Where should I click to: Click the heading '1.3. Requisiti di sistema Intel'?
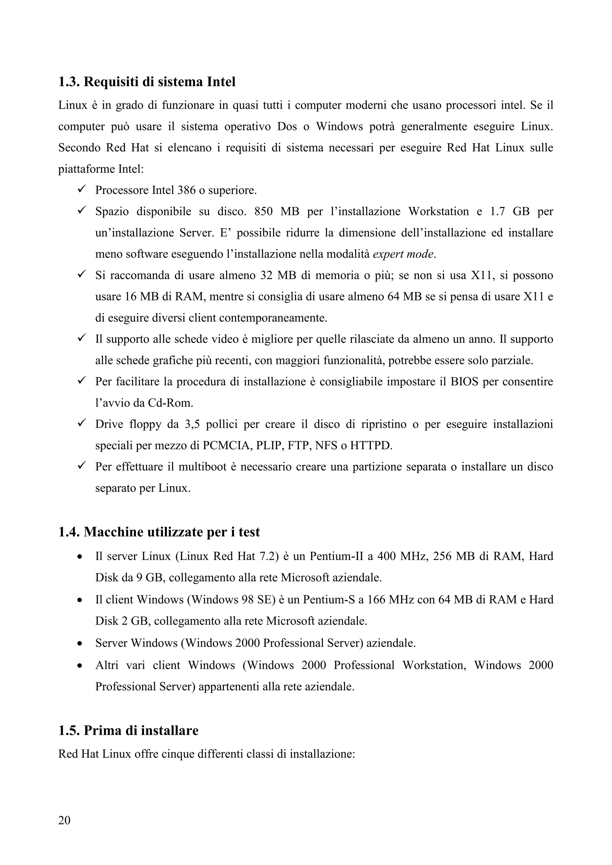(147, 82)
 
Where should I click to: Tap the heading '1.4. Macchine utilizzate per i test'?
(159, 532)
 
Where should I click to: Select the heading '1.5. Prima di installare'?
(128, 731)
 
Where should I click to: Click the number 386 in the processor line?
(186, 190)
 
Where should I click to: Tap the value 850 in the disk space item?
(263, 211)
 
